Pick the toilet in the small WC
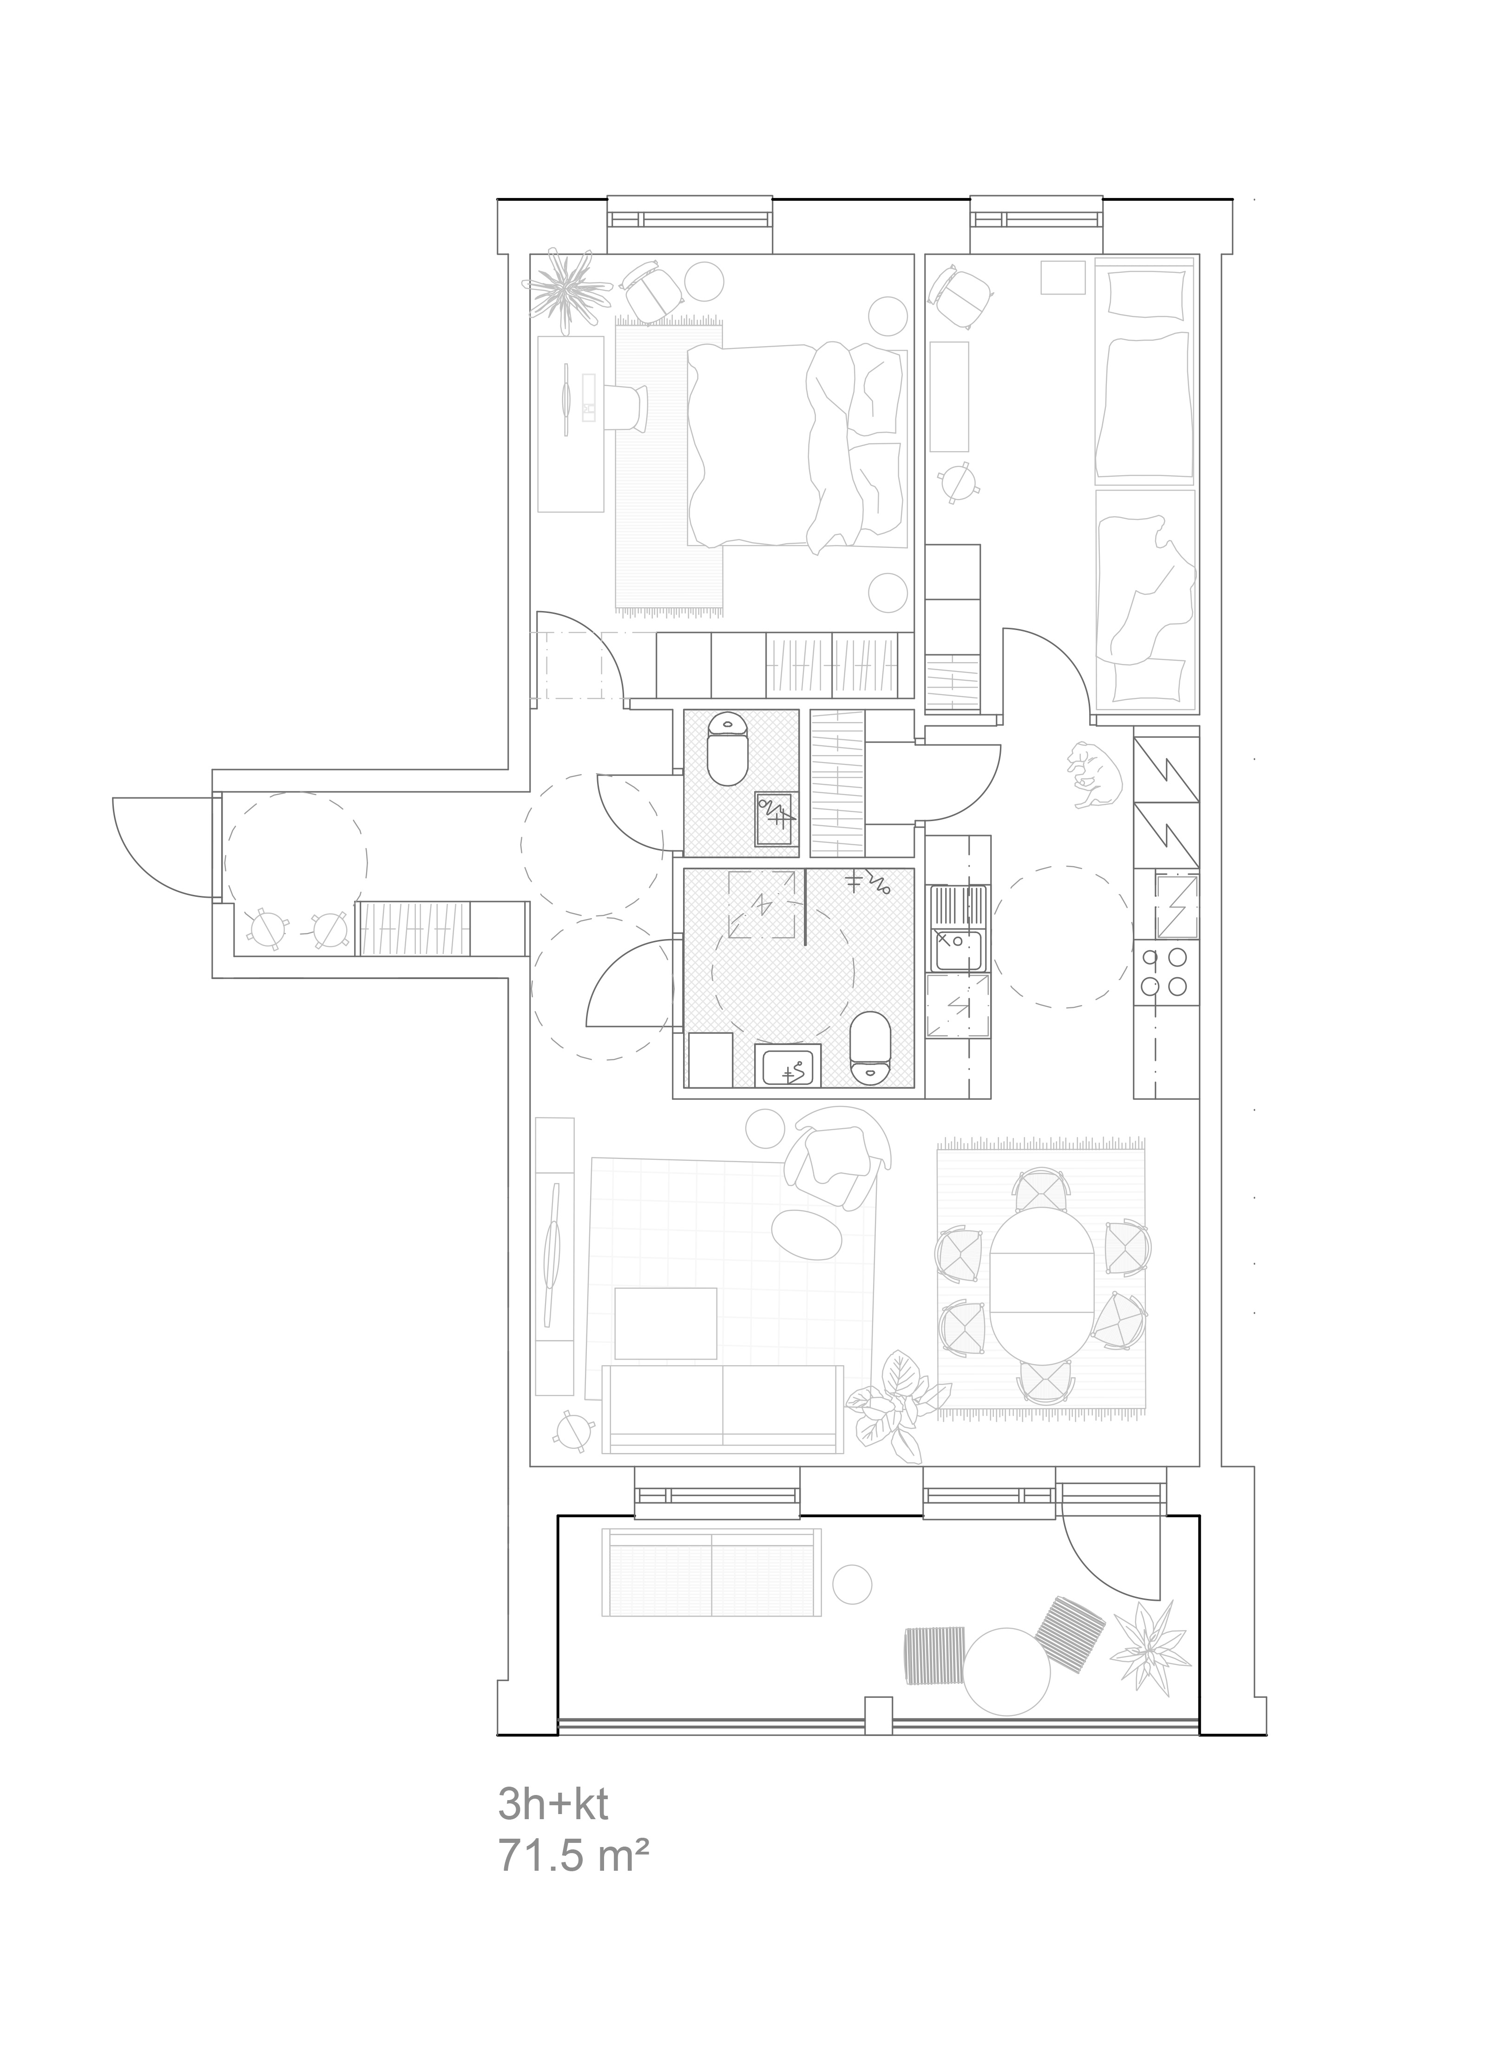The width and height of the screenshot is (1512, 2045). point(729,748)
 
